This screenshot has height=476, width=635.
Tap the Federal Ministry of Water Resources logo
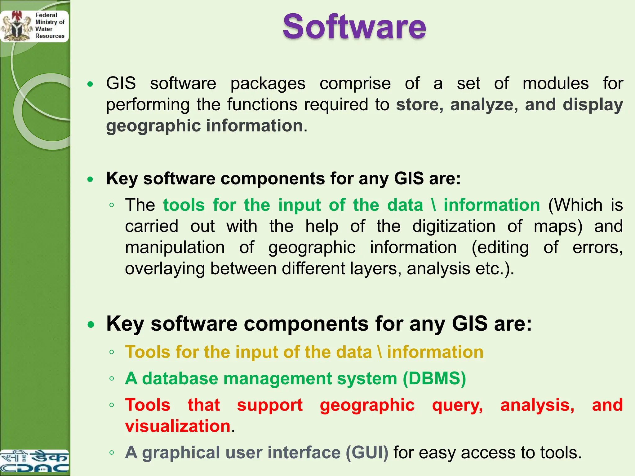pos(34,26)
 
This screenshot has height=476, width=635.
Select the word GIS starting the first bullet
pos(121,84)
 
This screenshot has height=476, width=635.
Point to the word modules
pos(556,84)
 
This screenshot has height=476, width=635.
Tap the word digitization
pos(454,226)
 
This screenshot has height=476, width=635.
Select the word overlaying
pos(165,268)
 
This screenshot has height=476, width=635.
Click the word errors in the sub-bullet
pos(597,247)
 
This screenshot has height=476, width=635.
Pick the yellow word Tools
pos(148,352)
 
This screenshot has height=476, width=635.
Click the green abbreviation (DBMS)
pos(434,379)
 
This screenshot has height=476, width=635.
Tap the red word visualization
pos(178,426)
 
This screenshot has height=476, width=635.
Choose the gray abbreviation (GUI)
pos(367,452)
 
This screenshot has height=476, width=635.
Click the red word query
pos(457,405)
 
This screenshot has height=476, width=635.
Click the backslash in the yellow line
pos(380,352)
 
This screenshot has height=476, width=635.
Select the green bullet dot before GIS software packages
pos(90,84)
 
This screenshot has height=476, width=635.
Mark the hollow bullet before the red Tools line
pos(112,405)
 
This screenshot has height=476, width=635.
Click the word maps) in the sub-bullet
pos(558,226)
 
